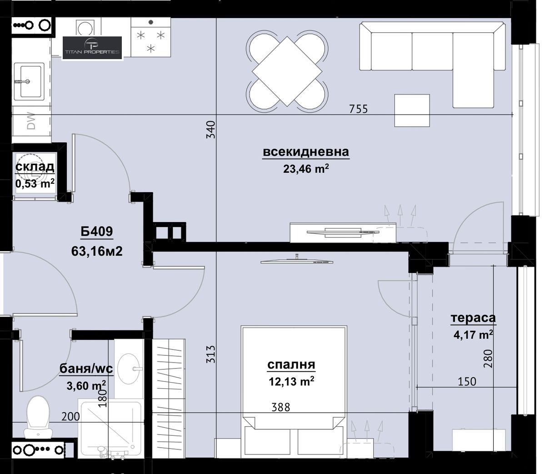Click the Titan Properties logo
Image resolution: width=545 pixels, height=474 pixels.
pyautogui.click(x=92, y=48)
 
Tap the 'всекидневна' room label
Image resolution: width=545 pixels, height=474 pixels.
pyautogui.click(x=306, y=152)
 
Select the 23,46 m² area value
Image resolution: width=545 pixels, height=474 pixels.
pyautogui.click(x=306, y=169)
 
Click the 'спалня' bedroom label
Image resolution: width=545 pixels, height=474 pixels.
pyautogui.click(x=291, y=364)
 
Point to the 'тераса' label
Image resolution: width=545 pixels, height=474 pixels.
pyautogui.click(x=473, y=318)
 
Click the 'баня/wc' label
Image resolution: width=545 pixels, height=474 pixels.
pyautogui.click(x=86, y=368)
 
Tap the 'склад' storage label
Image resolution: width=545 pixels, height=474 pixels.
pyautogui.click(x=35, y=166)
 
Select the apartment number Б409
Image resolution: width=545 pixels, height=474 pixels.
pyautogui.click(x=97, y=231)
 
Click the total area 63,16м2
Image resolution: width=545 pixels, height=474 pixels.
pyautogui.click(x=97, y=251)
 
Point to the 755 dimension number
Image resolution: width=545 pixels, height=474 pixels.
pyautogui.click(x=358, y=109)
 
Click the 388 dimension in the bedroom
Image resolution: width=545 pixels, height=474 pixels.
pyautogui.click(x=280, y=407)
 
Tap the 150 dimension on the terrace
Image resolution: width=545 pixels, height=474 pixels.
pyautogui.click(x=467, y=382)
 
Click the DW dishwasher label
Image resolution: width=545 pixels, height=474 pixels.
pyautogui.click(x=31, y=121)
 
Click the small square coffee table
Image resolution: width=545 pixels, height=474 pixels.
pyautogui.click(x=412, y=110)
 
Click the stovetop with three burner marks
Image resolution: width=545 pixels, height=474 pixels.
pyautogui.click(x=150, y=37)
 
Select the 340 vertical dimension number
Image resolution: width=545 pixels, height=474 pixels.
pyautogui.click(x=211, y=129)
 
